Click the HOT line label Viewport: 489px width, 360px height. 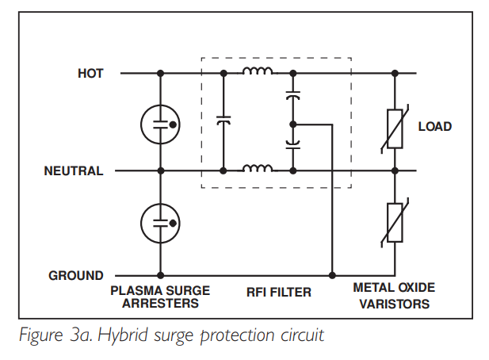point(90,73)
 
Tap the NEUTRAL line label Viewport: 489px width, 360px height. point(74,171)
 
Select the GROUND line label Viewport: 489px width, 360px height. point(76,275)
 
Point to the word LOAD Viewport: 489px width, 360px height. point(435,126)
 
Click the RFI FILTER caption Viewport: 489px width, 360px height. point(279,293)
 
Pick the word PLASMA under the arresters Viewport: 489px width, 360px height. point(136,290)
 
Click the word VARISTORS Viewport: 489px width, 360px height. point(394,304)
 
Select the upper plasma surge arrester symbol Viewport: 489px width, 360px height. point(160,124)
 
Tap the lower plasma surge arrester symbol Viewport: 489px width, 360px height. point(160,223)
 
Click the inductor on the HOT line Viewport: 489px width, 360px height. point(258,71)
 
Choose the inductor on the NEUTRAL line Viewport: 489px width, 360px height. point(258,168)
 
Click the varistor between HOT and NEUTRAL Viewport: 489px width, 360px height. point(395,128)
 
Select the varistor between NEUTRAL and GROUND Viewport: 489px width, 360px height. point(395,223)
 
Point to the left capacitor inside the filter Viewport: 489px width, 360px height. point(223,120)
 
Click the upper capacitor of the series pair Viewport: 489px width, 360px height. point(292,95)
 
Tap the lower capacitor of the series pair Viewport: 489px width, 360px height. point(292,144)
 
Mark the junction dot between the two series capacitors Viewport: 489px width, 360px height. point(292,124)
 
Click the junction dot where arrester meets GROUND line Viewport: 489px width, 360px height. point(160,275)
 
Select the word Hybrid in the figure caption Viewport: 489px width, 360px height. point(123,335)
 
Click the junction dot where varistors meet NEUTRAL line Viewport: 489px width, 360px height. point(395,170)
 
